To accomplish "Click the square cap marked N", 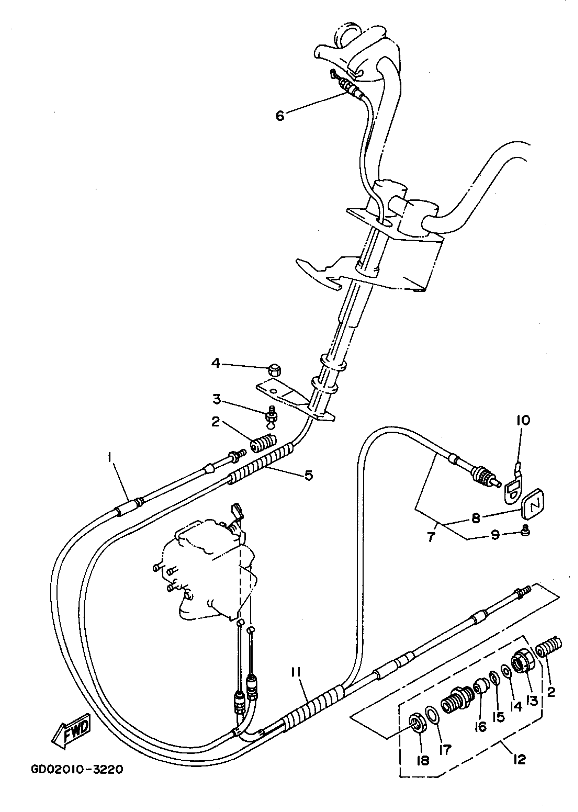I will (533, 506).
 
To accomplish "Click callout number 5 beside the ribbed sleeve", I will (308, 475).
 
